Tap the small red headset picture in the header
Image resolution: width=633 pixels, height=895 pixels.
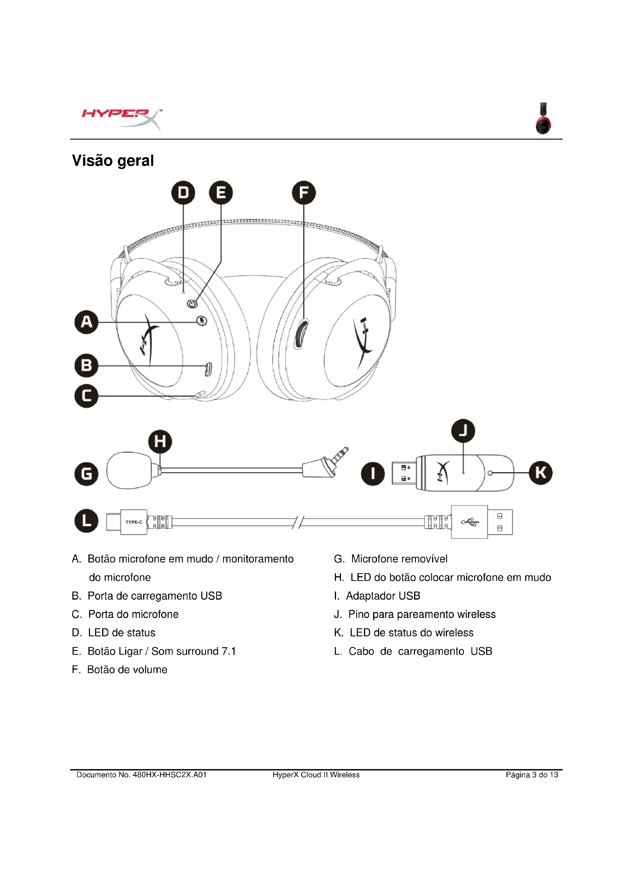pyautogui.click(x=543, y=119)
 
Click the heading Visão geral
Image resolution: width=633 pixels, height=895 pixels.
pyautogui.click(x=113, y=161)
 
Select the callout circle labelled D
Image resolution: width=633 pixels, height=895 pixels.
pyautogui.click(x=183, y=192)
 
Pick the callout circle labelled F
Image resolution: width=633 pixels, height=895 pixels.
pyautogui.click(x=303, y=192)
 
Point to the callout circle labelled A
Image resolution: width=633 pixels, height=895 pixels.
pyautogui.click(x=86, y=322)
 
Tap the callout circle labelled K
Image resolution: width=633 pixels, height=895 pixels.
pyautogui.click(x=541, y=473)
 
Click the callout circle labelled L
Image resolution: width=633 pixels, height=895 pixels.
pyautogui.click(x=86, y=521)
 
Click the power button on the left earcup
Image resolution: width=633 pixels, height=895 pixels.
pyautogui.click(x=191, y=304)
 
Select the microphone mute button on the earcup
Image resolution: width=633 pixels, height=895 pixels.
pyautogui.click(x=202, y=321)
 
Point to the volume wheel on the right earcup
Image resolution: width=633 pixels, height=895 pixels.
pyautogui.click(x=300, y=334)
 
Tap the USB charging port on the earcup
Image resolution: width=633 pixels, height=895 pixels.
pyautogui.click(x=209, y=369)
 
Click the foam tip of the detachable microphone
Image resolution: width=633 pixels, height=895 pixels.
pyautogui.click(x=129, y=470)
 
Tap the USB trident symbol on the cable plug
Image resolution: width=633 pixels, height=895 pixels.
pyautogui.click(x=470, y=522)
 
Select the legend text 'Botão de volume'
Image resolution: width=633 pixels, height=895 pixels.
pyautogui.click(x=127, y=670)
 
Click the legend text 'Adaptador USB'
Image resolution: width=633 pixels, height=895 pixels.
pyautogui.click(x=383, y=596)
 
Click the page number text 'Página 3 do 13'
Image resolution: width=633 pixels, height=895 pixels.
pyautogui.click(x=532, y=775)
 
